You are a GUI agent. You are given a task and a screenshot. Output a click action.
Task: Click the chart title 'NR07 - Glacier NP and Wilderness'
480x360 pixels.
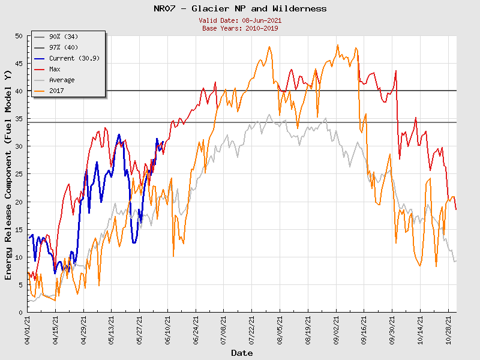(240, 8)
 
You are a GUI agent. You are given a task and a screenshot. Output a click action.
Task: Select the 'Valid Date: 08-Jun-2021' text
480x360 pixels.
(240, 20)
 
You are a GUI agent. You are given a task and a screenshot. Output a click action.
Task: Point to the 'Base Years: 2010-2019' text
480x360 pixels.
(240, 28)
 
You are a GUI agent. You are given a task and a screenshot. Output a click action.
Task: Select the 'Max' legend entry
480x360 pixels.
(55, 69)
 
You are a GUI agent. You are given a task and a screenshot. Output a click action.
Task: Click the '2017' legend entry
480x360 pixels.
(56, 91)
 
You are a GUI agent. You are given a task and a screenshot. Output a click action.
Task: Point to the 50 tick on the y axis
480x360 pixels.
(19, 36)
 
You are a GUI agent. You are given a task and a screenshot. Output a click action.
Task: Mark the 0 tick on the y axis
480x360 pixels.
(21, 313)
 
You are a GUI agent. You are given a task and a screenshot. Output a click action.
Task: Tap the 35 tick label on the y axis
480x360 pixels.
(19, 119)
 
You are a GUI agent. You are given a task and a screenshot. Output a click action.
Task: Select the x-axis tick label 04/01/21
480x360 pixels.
(28, 330)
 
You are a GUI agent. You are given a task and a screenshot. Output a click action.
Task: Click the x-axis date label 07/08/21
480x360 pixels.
(224, 330)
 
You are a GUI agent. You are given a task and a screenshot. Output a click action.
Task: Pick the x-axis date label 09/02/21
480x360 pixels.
(336, 330)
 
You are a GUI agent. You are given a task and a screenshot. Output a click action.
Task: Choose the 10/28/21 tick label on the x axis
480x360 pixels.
(448, 330)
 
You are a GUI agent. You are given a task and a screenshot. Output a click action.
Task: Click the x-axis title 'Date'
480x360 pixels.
(242, 353)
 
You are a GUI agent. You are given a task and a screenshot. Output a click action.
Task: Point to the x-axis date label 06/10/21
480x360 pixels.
(168, 330)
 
